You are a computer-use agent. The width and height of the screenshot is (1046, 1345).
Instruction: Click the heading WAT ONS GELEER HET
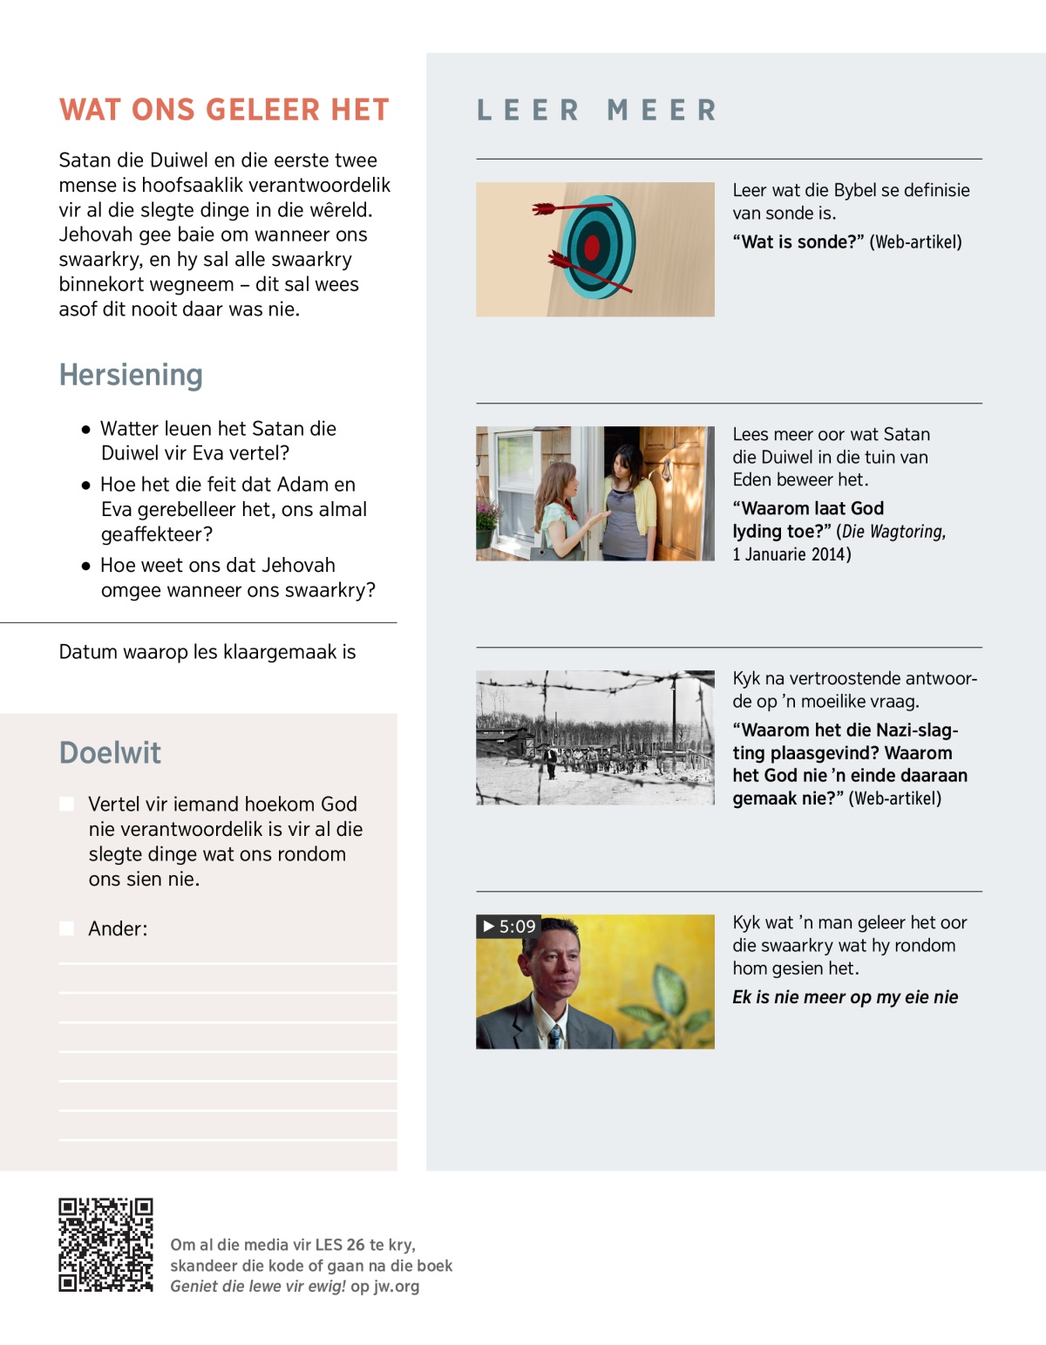coord(224,110)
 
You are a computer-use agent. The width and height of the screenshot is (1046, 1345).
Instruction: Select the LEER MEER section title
coord(597,111)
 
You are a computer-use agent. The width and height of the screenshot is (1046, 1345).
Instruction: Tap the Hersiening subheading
coord(131,375)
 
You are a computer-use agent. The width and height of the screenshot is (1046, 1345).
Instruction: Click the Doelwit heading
coord(110,753)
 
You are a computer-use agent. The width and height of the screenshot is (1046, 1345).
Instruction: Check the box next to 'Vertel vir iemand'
coord(67,804)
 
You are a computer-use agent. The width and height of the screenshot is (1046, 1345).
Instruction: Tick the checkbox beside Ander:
coord(67,928)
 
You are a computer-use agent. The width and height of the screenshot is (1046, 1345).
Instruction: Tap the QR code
coord(105,1244)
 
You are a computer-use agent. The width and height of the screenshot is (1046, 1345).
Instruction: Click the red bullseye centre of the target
coord(592,248)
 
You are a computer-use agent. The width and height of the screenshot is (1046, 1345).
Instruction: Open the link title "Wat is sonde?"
coord(798,242)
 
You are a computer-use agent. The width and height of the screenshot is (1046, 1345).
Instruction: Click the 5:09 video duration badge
coord(509,927)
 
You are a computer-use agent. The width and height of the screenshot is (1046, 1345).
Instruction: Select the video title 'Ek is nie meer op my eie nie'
coord(845,997)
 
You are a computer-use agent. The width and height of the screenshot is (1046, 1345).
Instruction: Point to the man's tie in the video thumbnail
coord(555,1036)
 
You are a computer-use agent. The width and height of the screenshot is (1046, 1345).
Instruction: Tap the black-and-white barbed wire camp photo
coord(595,737)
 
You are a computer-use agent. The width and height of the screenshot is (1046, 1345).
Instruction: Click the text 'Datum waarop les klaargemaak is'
coord(207,652)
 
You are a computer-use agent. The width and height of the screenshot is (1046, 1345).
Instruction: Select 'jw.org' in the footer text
coord(397,1287)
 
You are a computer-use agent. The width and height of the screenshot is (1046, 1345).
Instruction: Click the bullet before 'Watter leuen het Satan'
coord(85,430)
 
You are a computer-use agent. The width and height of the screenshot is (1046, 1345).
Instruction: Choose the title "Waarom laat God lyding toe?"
coord(808,520)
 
